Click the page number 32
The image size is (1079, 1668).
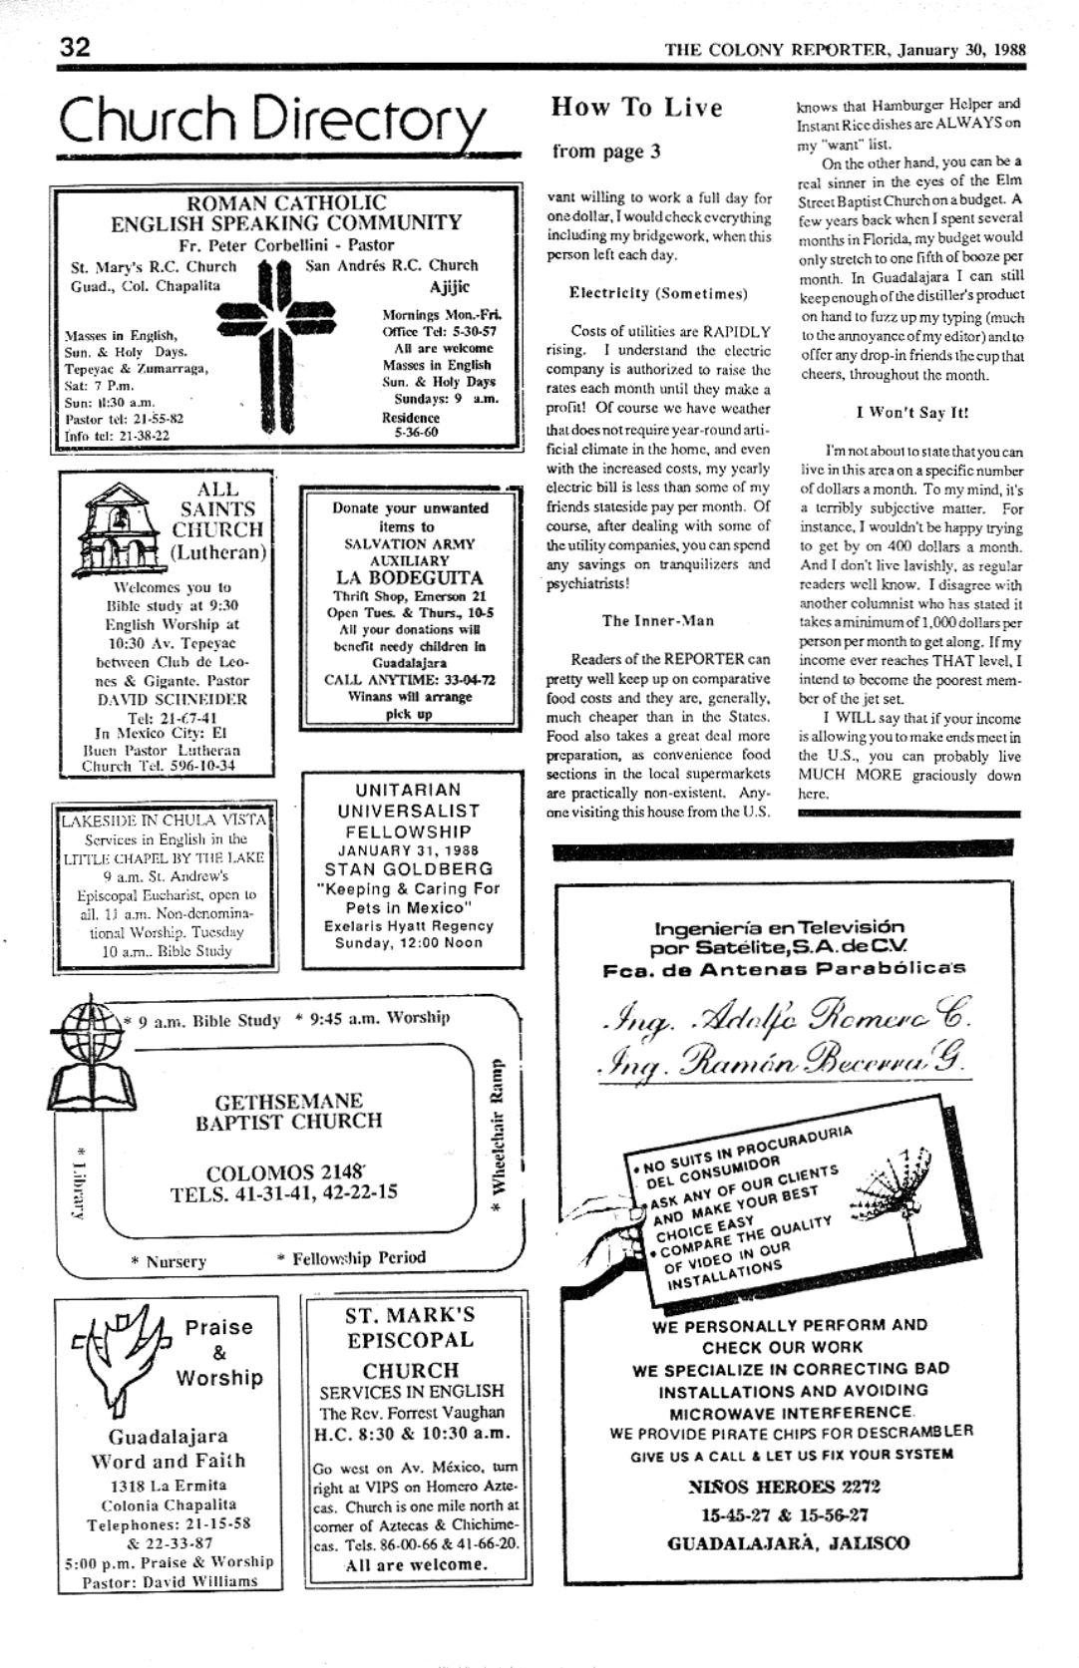point(76,47)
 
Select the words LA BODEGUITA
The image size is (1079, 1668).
point(409,577)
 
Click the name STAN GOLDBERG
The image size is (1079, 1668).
point(409,868)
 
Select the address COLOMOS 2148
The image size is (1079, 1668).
point(285,1172)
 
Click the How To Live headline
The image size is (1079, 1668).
point(636,107)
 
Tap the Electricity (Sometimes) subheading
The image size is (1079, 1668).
point(657,293)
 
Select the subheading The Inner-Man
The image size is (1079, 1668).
point(658,620)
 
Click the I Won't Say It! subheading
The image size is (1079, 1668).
point(911,412)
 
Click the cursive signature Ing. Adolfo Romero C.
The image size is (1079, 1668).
point(785,1016)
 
